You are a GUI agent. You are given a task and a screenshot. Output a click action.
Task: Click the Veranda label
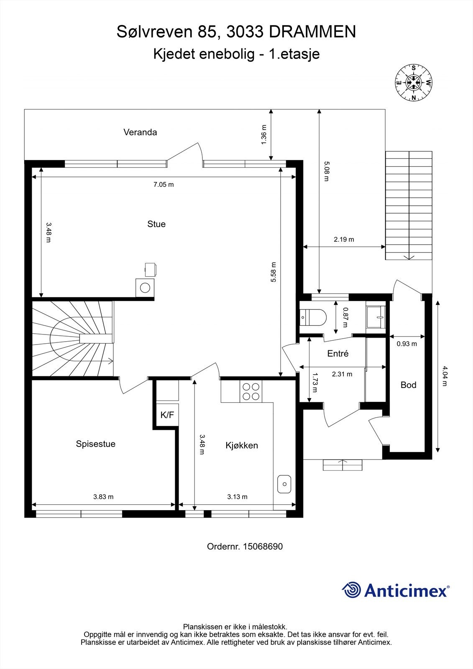[140, 132]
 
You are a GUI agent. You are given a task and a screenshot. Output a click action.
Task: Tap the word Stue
[156, 224]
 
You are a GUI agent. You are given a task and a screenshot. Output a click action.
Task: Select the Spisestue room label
[95, 444]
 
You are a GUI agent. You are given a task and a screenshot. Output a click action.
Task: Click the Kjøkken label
[242, 445]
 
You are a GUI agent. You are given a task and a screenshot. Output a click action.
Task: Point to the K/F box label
[167, 415]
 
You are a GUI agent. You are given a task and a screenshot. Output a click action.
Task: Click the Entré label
[337, 353]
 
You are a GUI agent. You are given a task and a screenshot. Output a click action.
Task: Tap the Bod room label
[408, 385]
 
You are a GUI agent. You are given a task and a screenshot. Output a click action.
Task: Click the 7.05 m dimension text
[164, 184]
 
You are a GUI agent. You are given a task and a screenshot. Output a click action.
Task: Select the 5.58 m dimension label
[274, 272]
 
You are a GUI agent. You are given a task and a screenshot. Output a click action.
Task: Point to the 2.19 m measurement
[344, 240]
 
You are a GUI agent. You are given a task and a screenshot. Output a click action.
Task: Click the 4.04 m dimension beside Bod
[444, 376]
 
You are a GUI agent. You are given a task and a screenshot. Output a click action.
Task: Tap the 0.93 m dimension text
[407, 344]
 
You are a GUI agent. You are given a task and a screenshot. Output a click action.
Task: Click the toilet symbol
[313, 317]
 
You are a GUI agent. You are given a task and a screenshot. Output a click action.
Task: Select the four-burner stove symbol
[250, 391]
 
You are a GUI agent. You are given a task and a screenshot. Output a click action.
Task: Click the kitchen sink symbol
[284, 484]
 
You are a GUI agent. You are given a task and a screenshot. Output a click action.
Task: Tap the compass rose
[414, 82]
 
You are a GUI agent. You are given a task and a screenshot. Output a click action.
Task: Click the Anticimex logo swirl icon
[351, 590]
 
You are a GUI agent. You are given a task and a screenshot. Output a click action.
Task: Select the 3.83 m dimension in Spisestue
[103, 497]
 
